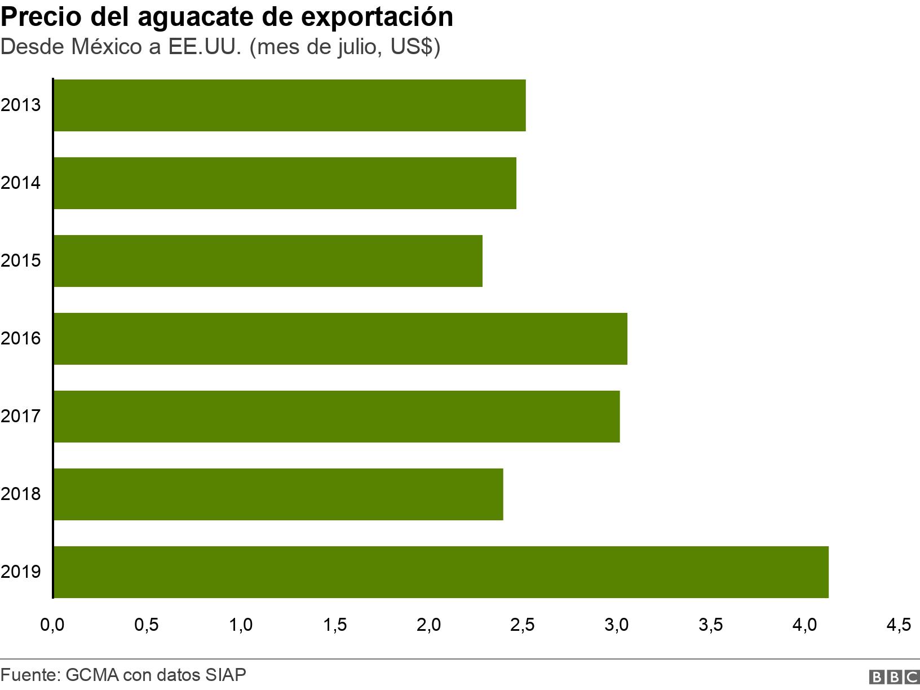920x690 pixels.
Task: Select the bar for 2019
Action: (x=441, y=572)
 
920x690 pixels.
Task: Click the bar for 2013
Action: (x=290, y=105)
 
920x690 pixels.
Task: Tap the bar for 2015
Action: (x=268, y=260)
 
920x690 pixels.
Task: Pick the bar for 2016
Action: (x=340, y=338)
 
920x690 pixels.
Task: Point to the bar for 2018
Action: (x=278, y=494)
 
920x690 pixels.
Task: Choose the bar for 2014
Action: (x=285, y=183)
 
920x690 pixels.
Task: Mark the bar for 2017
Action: (x=337, y=416)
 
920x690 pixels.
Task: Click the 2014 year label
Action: (x=21, y=183)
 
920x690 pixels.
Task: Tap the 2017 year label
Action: (x=21, y=416)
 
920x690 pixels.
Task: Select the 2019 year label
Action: (x=21, y=572)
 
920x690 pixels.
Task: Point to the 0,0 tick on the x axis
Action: (x=52, y=625)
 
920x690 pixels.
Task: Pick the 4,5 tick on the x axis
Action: (x=898, y=625)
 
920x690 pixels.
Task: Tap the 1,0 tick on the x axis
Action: (x=241, y=625)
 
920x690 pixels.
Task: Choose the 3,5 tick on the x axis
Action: (x=710, y=625)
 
